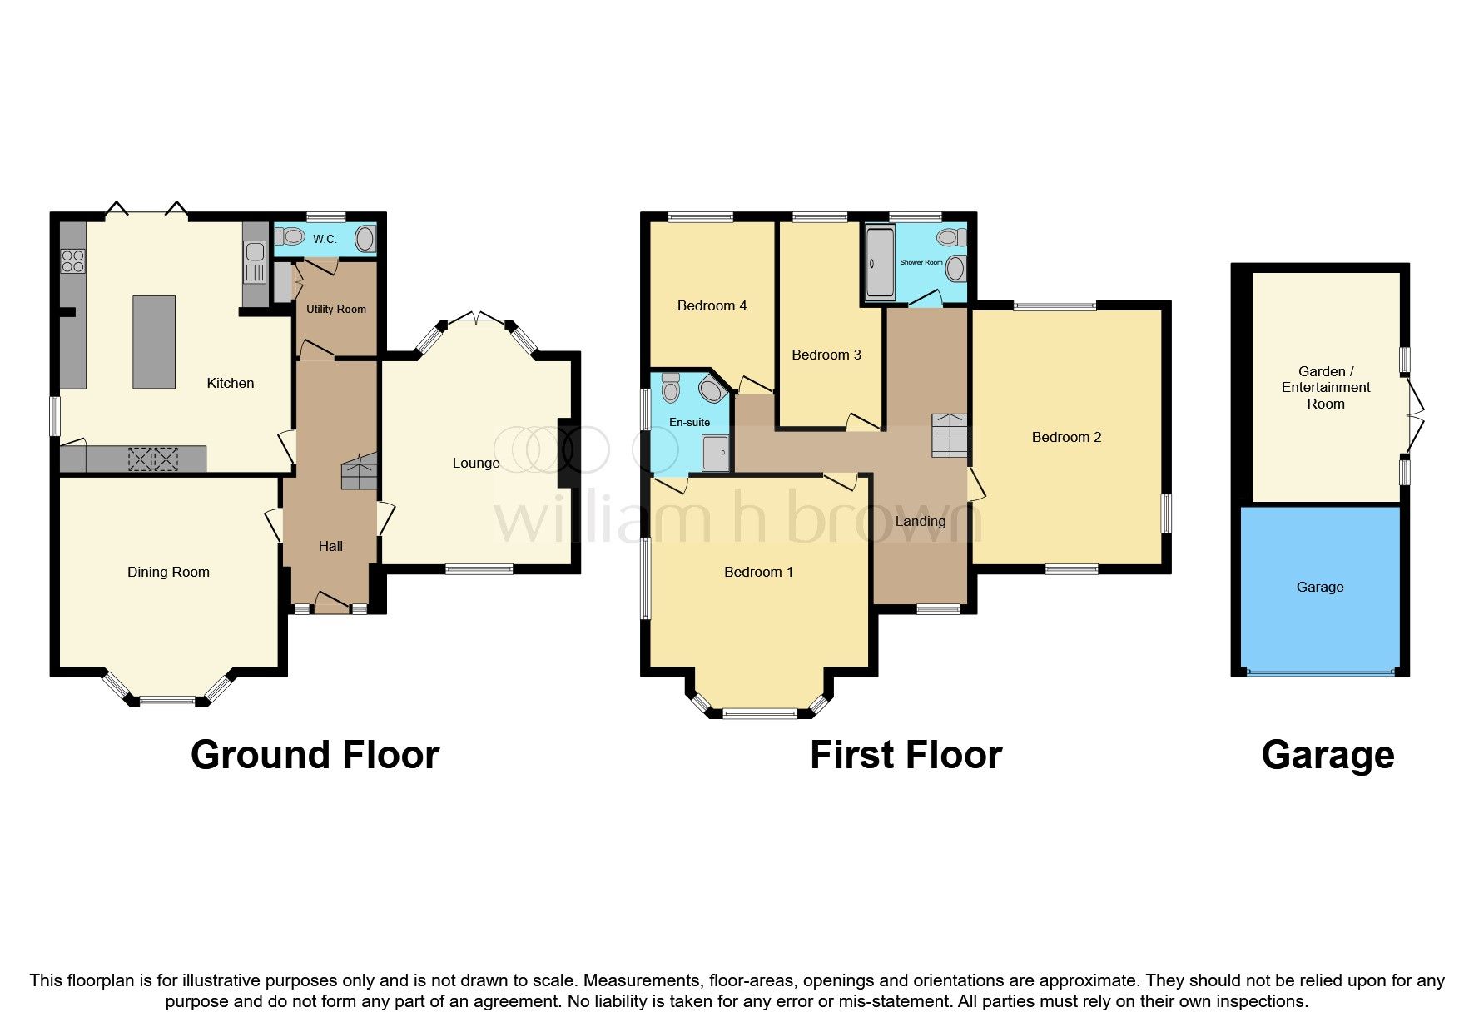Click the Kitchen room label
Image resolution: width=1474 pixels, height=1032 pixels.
(x=231, y=383)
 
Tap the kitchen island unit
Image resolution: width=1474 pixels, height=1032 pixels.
(x=154, y=342)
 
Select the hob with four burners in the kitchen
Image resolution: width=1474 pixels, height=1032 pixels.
(x=72, y=260)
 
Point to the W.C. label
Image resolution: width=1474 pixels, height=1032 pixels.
(x=325, y=240)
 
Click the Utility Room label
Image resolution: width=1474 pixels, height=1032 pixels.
(x=335, y=309)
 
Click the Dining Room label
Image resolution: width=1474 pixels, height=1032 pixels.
(x=168, y=572)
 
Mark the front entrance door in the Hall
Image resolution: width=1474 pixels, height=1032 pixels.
(x=332, y=603)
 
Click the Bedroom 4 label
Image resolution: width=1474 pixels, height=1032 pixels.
(x=712, y=305)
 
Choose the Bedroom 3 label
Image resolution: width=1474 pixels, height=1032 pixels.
(x=826, y=355)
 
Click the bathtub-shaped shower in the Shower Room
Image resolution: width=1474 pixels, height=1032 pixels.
(x=879, y=263)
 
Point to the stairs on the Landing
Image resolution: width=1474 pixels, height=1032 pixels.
(x=950, y=435)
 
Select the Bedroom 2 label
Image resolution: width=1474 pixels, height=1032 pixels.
(x=1066, y=437)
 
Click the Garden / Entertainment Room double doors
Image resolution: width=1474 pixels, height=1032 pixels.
(x=1414, y=414)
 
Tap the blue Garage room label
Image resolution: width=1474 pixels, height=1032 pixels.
(x=1319, y=587)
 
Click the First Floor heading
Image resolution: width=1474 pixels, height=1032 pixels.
(x=906, y=755)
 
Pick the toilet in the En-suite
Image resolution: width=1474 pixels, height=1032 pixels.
(x=670, y=389)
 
